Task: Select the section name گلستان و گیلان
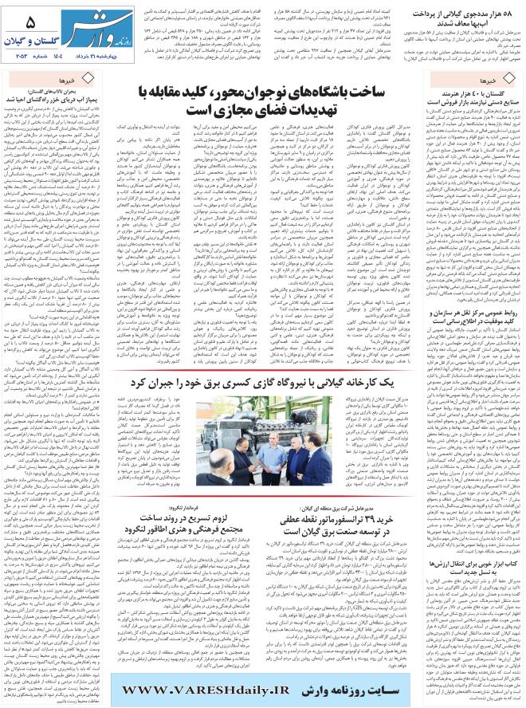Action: (37, 45)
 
